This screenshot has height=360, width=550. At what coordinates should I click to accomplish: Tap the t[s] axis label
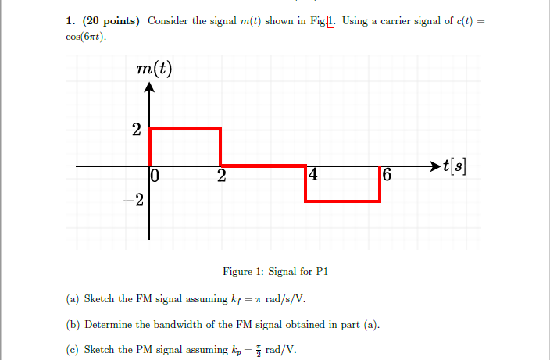coord(456,166)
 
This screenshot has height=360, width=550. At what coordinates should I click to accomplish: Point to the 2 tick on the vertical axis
coord(137,130)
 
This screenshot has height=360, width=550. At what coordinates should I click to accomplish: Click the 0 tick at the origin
coord(155,176)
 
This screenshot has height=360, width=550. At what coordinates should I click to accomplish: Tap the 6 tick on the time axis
coord(387,176)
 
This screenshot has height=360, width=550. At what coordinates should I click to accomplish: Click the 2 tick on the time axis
coord(222,176)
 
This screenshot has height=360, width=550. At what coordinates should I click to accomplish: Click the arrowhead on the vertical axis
coord(150,87)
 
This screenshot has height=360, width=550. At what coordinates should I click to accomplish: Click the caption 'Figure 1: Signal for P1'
coord(274,272)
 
